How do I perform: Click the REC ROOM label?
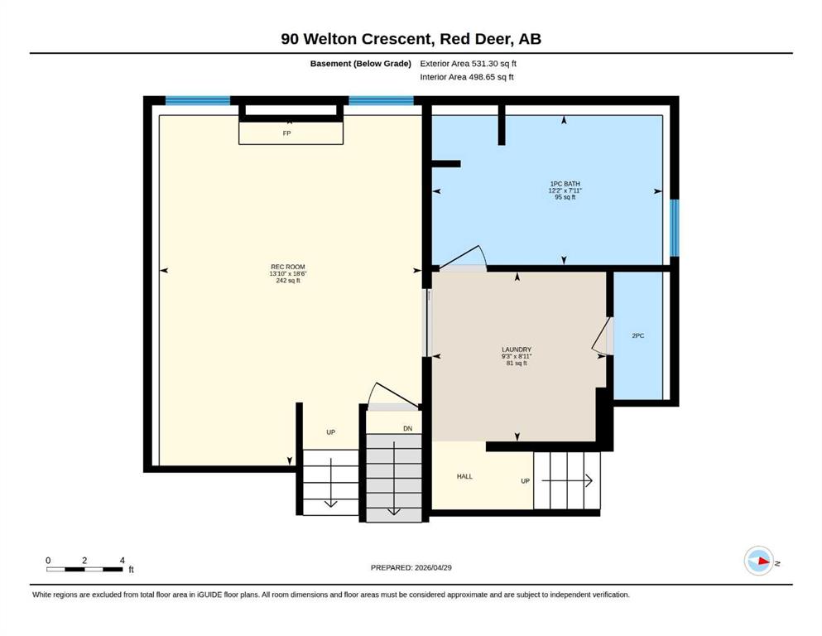point(288,267)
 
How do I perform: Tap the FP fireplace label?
point(286,133)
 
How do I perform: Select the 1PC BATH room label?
point(565,184)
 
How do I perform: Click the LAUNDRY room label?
point(517,349)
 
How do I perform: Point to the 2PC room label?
point(638,335)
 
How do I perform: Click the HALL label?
point(464,477)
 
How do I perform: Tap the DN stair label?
point(408,429)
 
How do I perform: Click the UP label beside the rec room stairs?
point(331,432)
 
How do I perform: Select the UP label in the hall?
point(526,481)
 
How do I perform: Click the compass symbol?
point(759,561)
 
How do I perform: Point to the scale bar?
point(85,569)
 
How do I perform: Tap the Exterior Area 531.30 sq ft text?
point(469,64)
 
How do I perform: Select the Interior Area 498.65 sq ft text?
point(467,77)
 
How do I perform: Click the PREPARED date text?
point(411,568)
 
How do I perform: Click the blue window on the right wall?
point(675,228)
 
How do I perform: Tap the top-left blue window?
point(198,101)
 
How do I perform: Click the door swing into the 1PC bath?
point(464,258)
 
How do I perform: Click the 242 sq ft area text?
point(288,281)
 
